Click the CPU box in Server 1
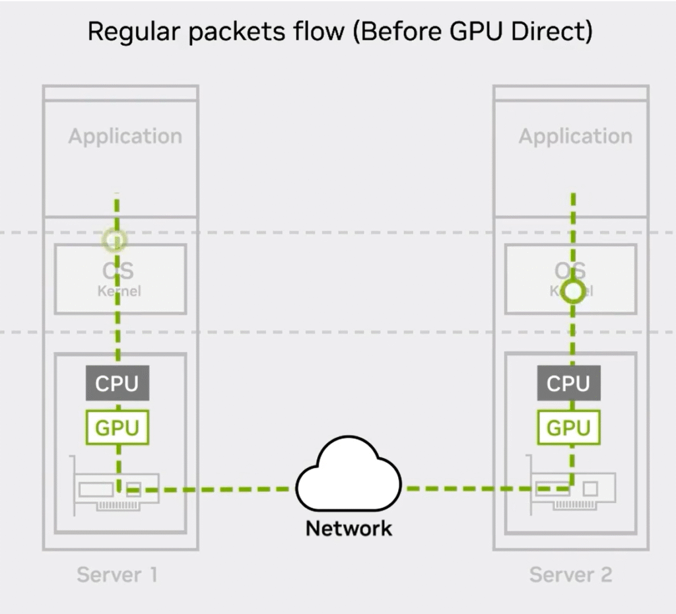[117, 384]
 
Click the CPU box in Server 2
[568, 384]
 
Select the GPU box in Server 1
[117, 427]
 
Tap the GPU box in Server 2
[568, 427]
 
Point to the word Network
[349, 528]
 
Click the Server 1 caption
[117, 574]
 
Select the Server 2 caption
[570, 574]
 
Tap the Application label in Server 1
[125, 137]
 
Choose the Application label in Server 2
[575, 137]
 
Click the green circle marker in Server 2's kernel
[573, 290]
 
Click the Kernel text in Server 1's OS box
[119, 291]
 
